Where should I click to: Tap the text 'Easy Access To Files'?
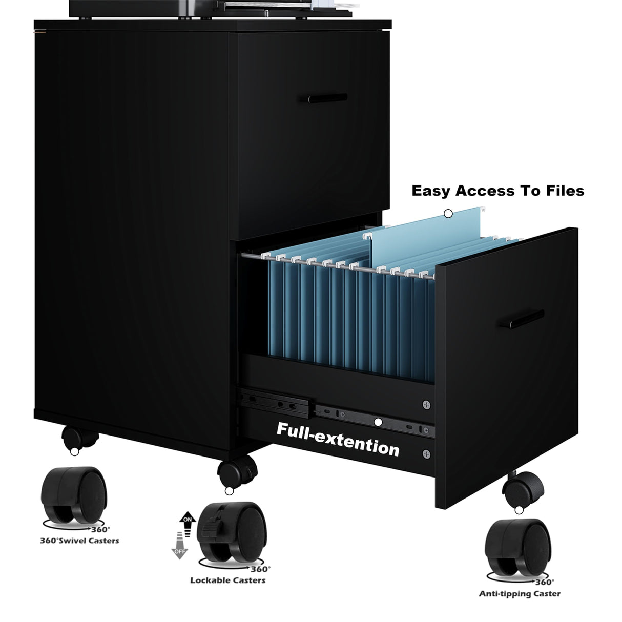(x=497, y=191)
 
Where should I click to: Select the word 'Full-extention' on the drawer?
(x=338, y=439)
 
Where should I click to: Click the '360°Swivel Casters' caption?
(x=79, y=540)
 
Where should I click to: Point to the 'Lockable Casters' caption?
(x=227, y=580)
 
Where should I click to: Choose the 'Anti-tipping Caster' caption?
(x=520, y=594)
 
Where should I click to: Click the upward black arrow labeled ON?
(x=187, y=522)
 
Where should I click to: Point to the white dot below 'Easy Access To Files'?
(x=448, y=213)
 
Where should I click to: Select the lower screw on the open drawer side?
(x=426, y=453)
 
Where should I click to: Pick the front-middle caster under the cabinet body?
(x=236, y=471)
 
